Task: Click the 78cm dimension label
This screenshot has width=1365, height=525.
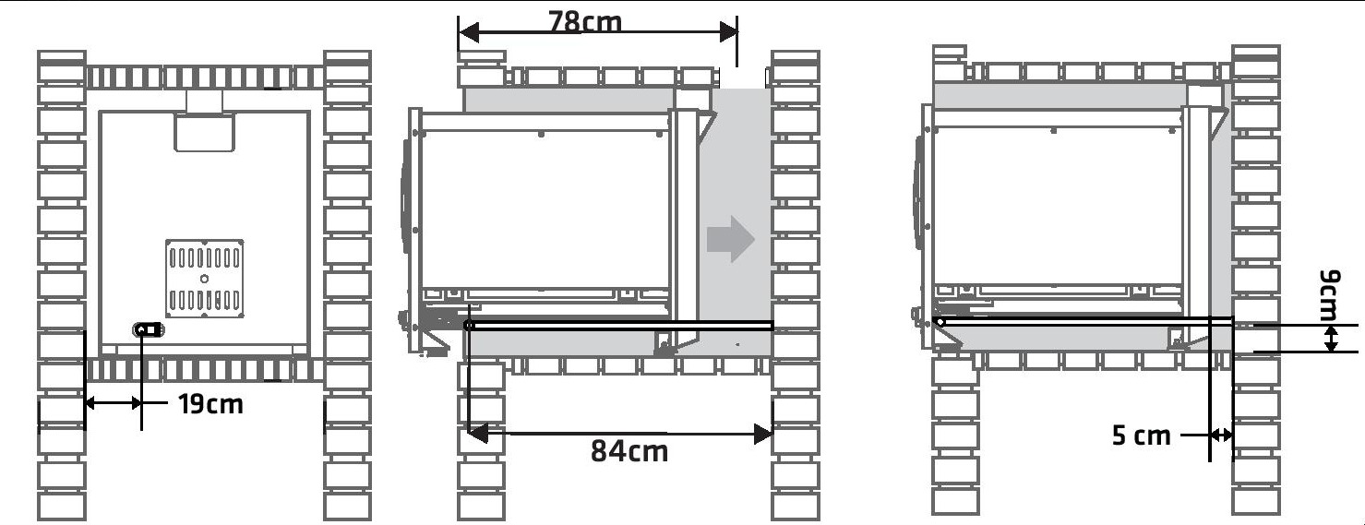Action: [585, 22]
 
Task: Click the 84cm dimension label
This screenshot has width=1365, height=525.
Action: [629, 451]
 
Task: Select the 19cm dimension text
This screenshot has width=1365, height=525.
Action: [210, 404]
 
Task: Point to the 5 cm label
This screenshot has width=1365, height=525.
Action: [1142, 436]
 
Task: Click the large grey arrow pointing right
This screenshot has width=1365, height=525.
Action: [731, 239]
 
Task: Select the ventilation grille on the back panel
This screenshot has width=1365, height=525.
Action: [205, 279]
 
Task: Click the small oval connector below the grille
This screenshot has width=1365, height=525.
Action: [148, 329]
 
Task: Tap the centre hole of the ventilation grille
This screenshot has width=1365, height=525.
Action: [204, 279]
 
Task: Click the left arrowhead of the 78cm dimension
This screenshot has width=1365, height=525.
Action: [469, 32]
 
